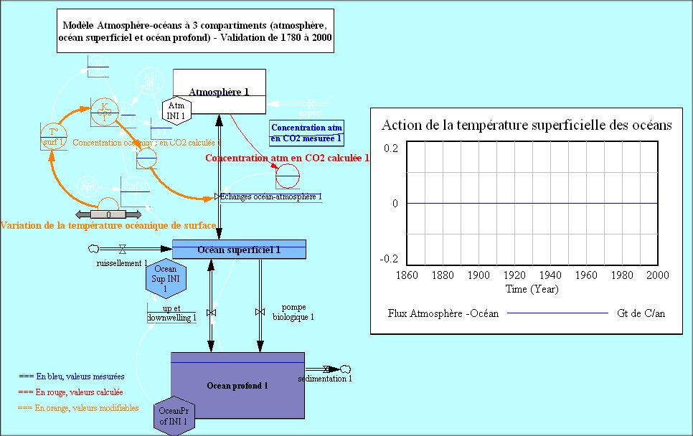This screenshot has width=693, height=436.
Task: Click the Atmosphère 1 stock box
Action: click(x=219, y=91)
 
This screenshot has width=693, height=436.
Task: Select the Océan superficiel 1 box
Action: click(x=239, y=250)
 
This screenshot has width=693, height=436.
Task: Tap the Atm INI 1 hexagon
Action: click(x=176, y=110)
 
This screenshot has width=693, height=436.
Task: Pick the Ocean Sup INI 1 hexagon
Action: click(x=166, y=279)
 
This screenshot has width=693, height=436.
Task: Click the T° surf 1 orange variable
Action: click(x=53, y=136)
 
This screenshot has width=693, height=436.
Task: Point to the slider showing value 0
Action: click(x=108, y=214)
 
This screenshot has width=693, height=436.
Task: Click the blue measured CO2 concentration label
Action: click(x=306, y=133)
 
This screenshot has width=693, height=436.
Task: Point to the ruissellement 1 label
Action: click(x=122, y=263)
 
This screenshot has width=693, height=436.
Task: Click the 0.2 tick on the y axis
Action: click(x=390, y=148)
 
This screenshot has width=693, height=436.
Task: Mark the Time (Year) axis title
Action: click(x=532, y=289)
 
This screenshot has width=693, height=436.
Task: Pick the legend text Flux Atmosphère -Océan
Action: click(x=443, y=313)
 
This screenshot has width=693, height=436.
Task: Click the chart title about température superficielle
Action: click(x=527, y=125)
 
